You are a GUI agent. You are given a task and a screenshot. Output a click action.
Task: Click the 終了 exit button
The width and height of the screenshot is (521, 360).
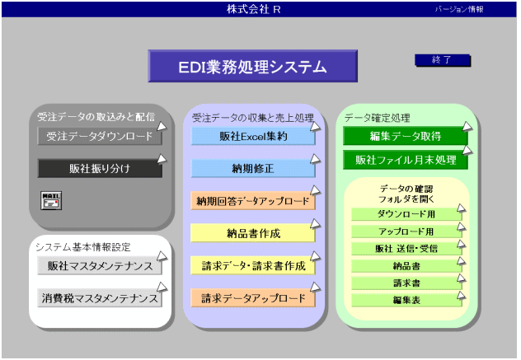click(442, 60)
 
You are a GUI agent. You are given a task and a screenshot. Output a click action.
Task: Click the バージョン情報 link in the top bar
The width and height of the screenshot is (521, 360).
click(459, 9)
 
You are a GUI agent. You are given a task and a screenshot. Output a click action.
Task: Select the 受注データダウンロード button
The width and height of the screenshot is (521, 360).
click(100, 136)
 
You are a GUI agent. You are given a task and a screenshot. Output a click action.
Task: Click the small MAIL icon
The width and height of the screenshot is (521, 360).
click(51, 200)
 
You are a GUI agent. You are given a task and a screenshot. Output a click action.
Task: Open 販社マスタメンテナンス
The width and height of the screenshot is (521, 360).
click(100, 266)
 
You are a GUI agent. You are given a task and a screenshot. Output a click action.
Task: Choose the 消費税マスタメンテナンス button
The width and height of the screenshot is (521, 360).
click(100, 298)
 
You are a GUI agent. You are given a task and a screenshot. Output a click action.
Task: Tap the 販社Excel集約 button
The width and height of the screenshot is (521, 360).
click(253, 136)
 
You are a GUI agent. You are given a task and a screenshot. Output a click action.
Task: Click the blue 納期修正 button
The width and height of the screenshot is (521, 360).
click(253, 168)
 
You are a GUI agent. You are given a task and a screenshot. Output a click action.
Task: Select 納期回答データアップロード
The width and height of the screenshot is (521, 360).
click(253, 200)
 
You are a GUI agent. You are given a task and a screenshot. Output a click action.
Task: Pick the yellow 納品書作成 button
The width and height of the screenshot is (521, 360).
click(253, 233)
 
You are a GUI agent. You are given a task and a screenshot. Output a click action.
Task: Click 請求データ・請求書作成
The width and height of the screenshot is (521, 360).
click(253, 266)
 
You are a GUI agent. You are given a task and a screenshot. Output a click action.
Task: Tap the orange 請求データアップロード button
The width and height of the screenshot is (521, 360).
click(253, 298)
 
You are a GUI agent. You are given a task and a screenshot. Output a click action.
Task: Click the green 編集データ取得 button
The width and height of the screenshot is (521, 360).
click(406, 136)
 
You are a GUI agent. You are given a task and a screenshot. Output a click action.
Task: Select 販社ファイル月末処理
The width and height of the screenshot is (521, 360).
click(406, 160)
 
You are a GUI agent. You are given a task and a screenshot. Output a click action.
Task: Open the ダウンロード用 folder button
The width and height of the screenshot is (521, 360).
click(406, 214)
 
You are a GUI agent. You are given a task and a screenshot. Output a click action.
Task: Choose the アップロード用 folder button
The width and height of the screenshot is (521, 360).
click(406, 231)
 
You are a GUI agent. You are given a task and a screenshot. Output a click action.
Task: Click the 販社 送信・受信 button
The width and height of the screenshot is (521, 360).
click(406, 249)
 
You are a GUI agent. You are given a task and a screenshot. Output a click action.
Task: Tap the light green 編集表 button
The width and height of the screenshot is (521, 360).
click(406, 300)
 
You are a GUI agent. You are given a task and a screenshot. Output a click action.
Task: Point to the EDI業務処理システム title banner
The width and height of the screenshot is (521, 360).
click(253, 66)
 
